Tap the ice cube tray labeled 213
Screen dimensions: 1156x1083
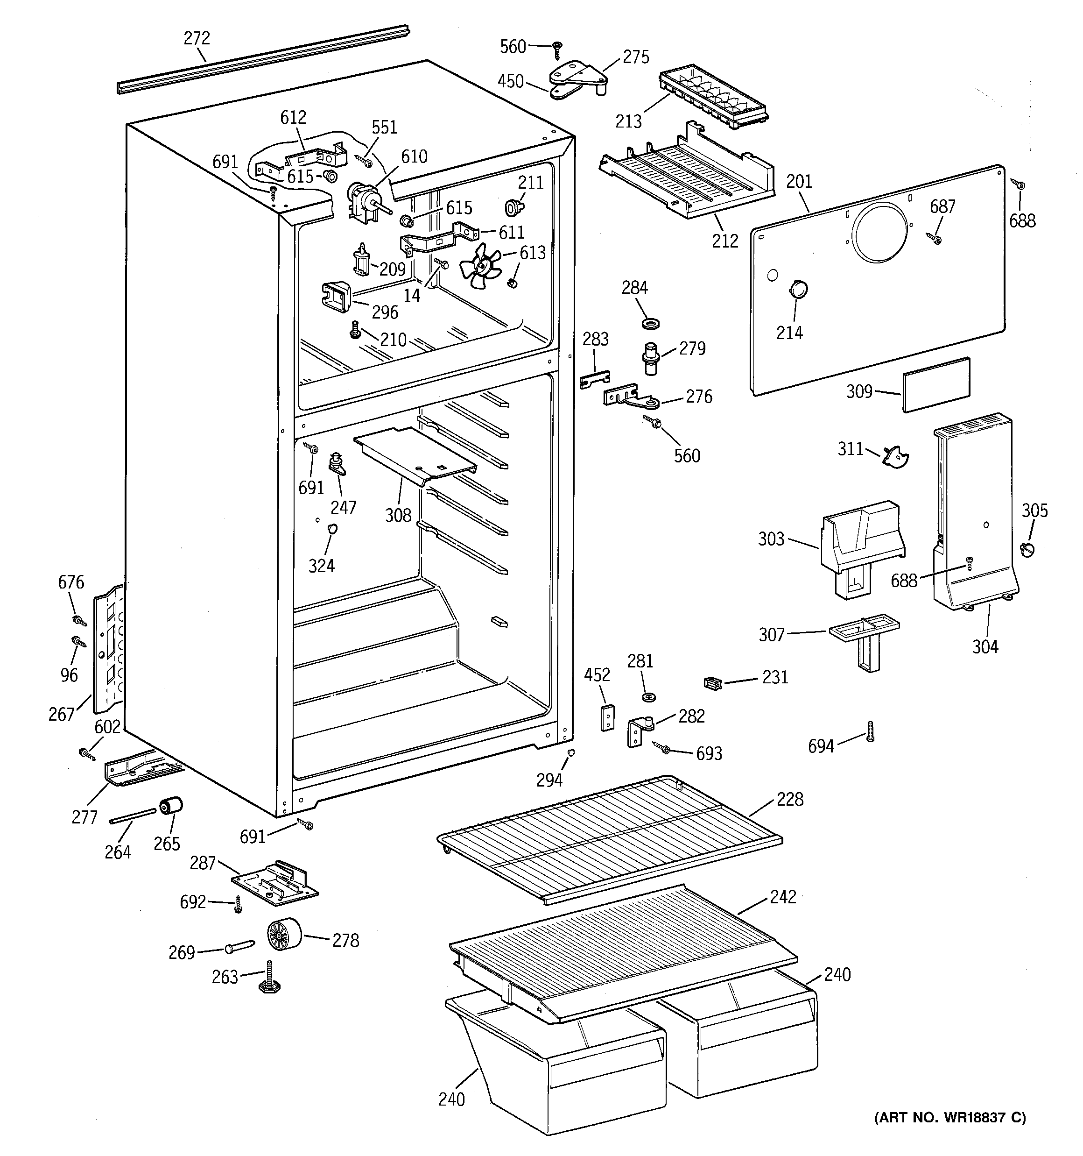[x=713, y=97]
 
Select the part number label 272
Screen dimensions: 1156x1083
[x=197, y=38]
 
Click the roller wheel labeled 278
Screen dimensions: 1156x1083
[x=284, y=935]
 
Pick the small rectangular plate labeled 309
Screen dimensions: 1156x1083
[x=936, y=384]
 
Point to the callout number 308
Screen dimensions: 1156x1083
[x=398, y=515]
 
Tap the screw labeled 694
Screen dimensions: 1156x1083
[x=870, y=731]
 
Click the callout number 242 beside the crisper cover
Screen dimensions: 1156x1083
[x=782, y=897]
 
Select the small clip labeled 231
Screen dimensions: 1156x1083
[x=712, y=683]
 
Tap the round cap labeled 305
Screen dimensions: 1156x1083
[x=1027, y=549]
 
